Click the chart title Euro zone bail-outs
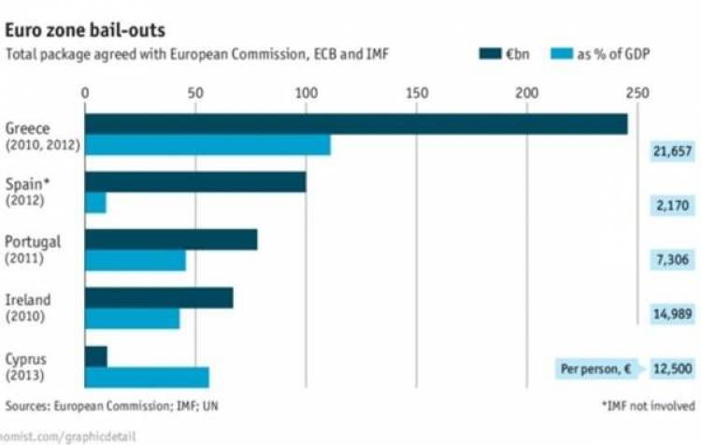72,30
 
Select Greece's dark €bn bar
356,124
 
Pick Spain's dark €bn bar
195,182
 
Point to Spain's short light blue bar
95,204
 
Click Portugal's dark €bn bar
171,240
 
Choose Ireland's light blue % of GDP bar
132,319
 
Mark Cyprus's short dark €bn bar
95,357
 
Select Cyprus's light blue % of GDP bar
147,377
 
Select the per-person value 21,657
672,151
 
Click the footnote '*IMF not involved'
648,406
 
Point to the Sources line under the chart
113,406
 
